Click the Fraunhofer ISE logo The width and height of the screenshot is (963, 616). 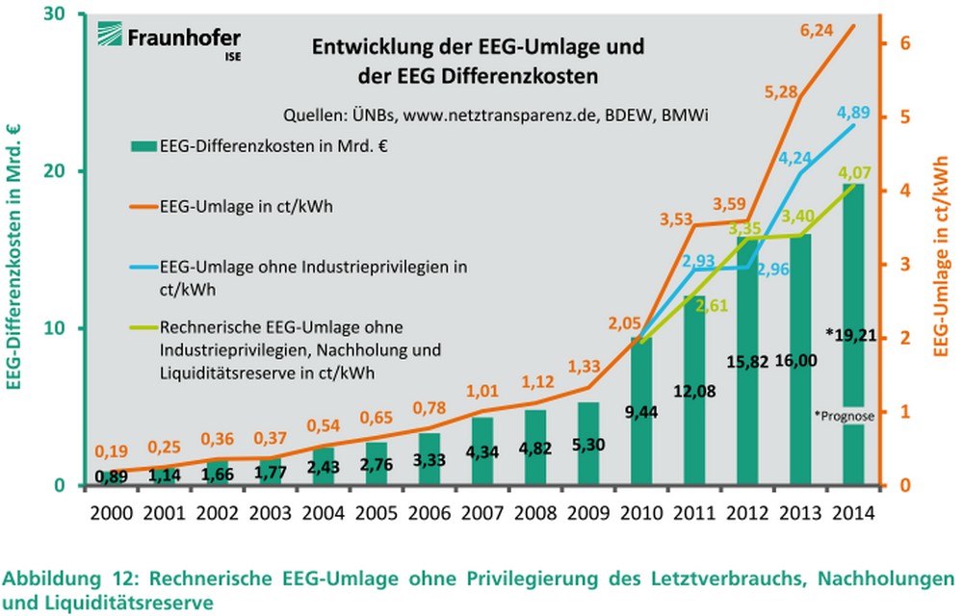click(168, 40)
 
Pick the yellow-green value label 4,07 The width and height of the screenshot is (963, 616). click(856, 173)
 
